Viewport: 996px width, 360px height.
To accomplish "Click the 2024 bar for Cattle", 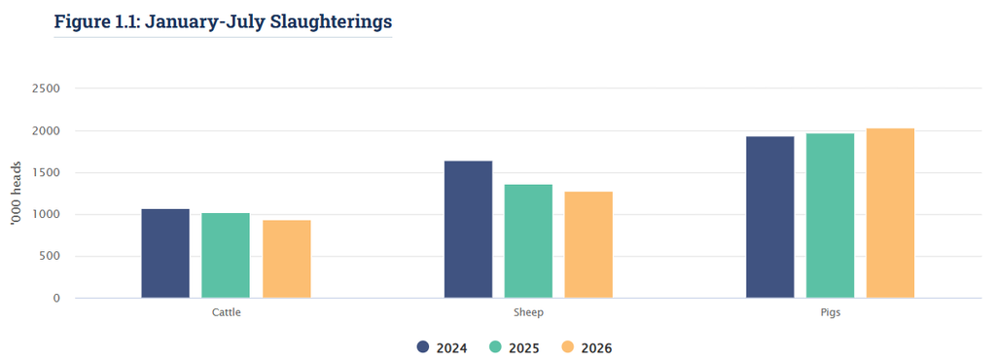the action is pyautogui.click(x=165, y=253).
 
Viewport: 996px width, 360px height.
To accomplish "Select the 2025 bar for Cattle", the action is pyautogui.click(x=226, y=255).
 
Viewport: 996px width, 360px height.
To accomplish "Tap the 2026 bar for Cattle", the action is pyautogui.click(x=287, y=259).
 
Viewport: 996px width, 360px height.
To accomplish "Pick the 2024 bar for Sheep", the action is pyautogui.click(x=468, y=230).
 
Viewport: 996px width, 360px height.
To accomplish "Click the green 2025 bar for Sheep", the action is pyautogui.click(x=528, y=241).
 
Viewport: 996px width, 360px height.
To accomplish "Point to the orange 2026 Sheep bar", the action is pyautogui.click(x=588, y=244).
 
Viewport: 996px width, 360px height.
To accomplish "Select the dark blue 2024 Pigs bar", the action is pyautogui.click(x=770, y=217).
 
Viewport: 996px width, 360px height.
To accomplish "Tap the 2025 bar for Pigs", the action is pyautogui.click(x=831, y=215).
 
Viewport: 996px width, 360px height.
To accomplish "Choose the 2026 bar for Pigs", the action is pyautogui.click(x=891, y=213).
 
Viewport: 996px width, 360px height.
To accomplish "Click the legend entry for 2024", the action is pyautogui.click(x=443, y=348).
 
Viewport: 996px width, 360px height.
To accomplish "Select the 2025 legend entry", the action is pyautogui.click(x=515, y=348).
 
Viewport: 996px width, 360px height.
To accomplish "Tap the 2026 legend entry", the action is pyautogui.click(x=587, y=348).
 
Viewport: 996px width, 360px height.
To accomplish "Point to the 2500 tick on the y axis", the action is pyautogui.click(x=46, y=89).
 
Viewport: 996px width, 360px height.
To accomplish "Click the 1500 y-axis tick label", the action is pyautogui.click(x=46, y=172).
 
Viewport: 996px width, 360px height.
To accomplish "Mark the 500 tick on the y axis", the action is pyautogui.click(x=49, y=256).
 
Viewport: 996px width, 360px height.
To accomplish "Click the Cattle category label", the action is pyautogui.click(x=226, y=313).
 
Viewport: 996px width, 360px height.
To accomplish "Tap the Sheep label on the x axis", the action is pyautogui.click(x=528, y=313).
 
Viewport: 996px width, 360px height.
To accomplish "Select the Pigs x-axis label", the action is pyautogui.click(x=831, y=313).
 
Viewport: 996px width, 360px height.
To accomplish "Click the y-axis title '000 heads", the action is pyautogui.click(x=18, y=193).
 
